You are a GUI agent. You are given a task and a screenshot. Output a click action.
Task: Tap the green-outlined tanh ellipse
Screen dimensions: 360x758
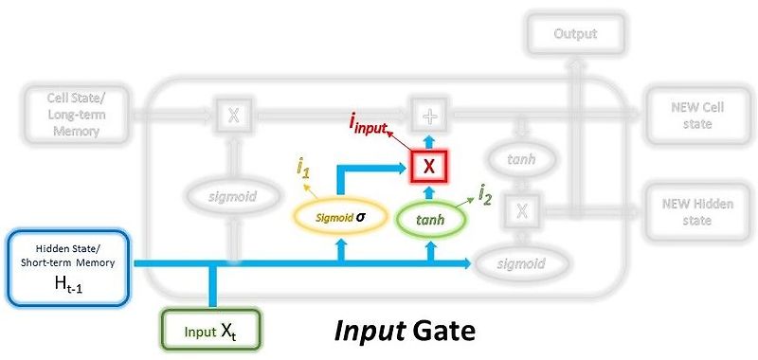pos(431,220)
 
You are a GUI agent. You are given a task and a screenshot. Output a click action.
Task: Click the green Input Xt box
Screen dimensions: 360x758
pos(208,332)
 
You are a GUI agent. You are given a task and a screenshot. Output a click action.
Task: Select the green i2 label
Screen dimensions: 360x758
pos(485,196)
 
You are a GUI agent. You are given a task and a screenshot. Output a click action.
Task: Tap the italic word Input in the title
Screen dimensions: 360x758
pos(368,333)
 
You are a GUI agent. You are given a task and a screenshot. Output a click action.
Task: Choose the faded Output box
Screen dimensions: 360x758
pos(575,34)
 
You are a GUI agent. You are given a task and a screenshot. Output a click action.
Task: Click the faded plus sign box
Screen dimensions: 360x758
pos(430,116)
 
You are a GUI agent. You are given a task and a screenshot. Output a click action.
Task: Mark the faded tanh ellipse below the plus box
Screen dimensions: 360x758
pos(521,160)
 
